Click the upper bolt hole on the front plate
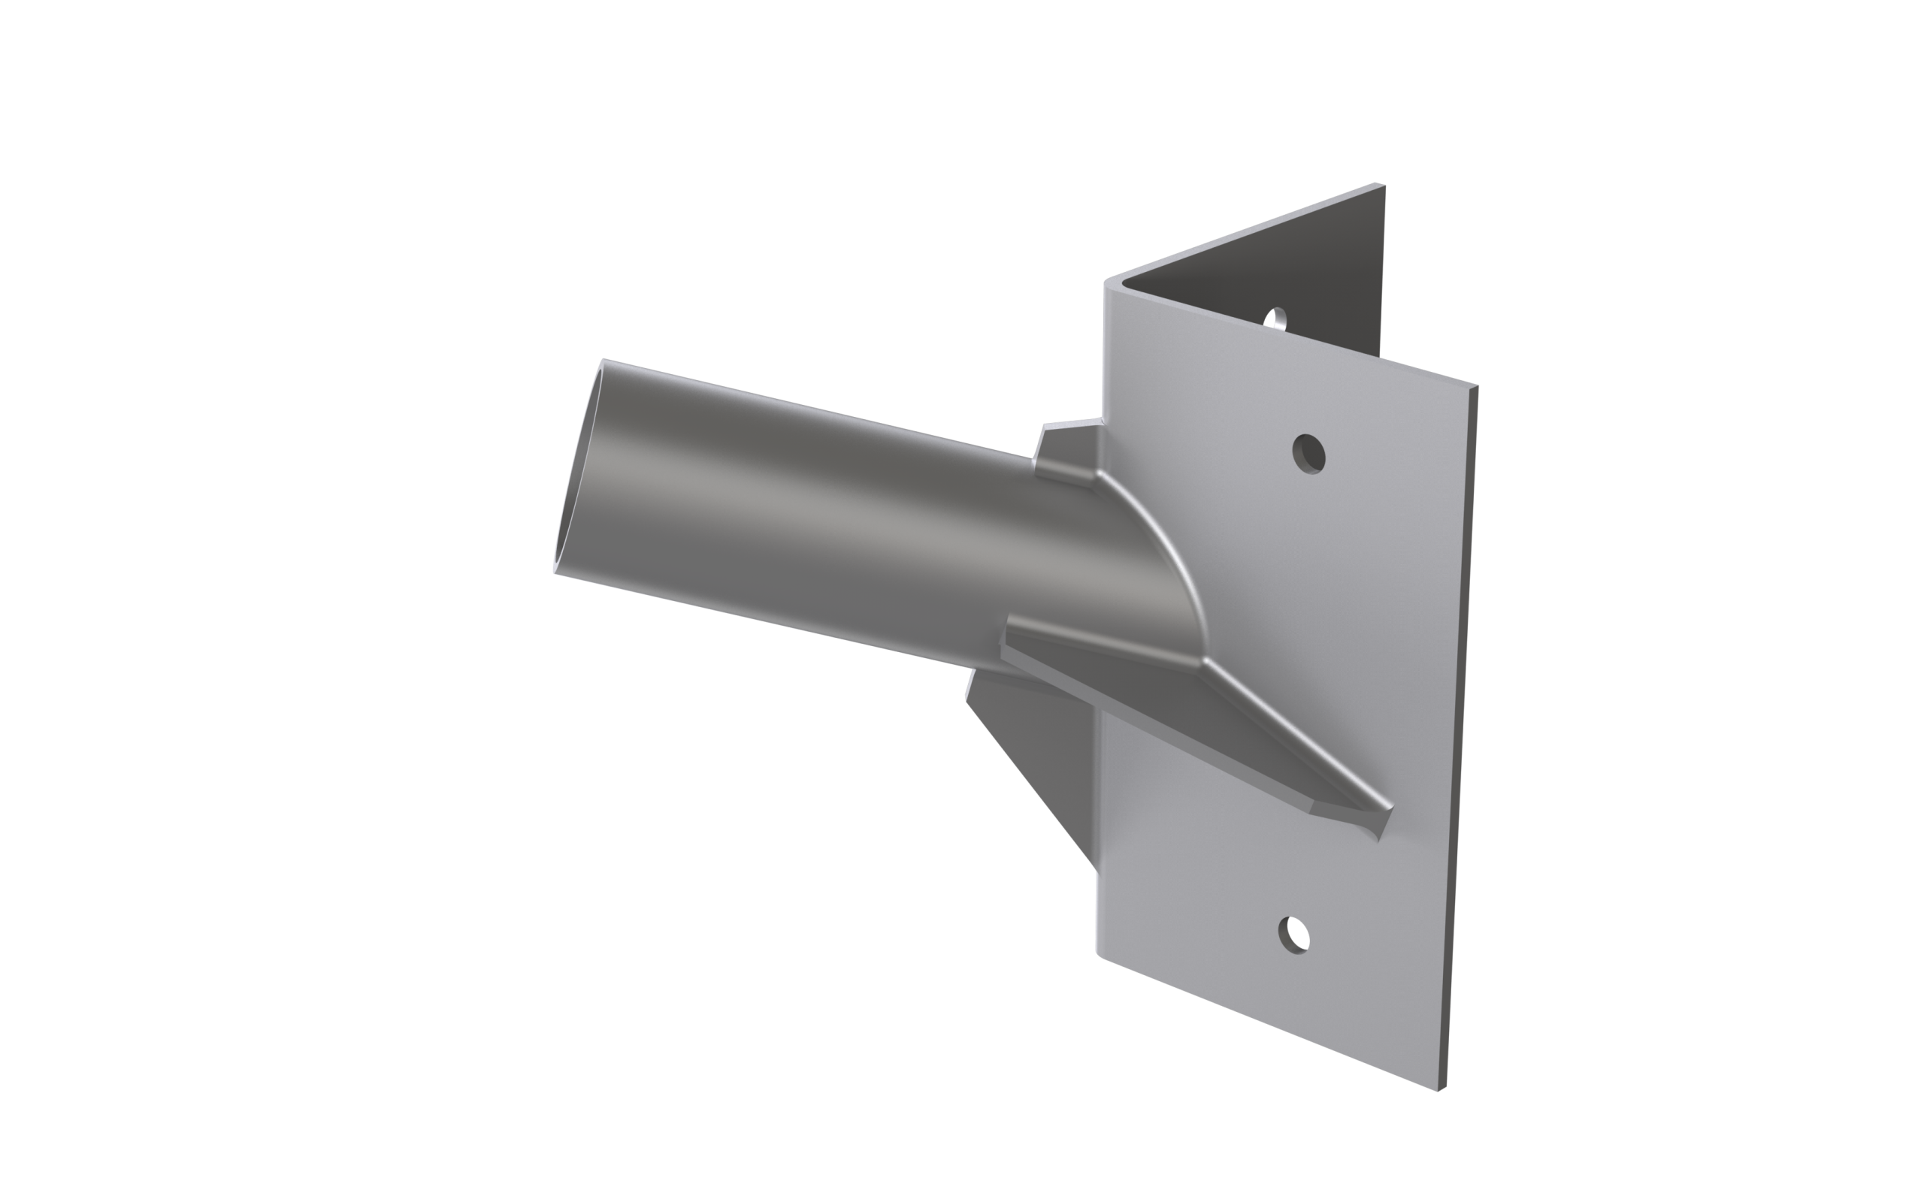click(1309, 454)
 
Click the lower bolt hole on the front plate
click(1293, 934)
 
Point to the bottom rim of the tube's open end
click(555, 571)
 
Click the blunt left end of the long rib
click(1005, 636)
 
